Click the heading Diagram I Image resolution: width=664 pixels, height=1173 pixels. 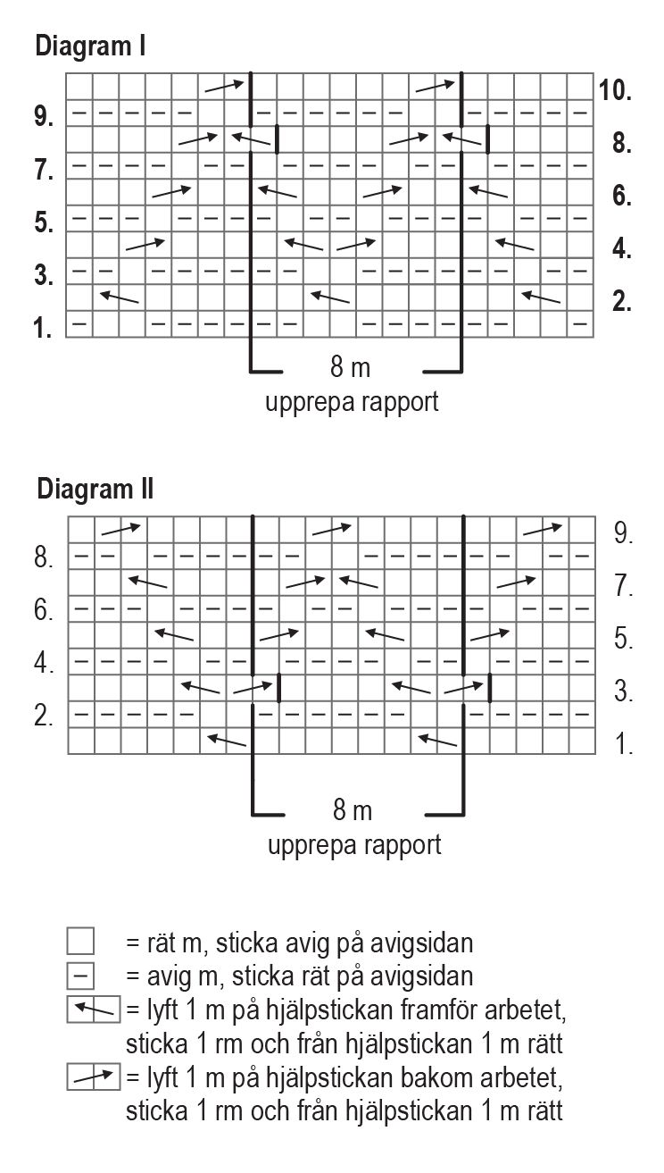point(90,46)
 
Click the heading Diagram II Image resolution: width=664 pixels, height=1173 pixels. point(95,489)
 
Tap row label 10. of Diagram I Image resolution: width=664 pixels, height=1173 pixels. point(617,90)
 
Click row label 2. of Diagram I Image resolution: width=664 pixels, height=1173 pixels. point(622,302)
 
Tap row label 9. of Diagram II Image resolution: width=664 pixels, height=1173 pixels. point(624,534)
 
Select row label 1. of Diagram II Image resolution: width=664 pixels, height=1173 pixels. point(624,744)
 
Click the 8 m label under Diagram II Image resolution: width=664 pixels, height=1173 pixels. point(353,811)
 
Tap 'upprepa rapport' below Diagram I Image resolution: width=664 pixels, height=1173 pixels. point(353,402)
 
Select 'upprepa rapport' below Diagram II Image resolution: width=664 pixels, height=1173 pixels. point(354,844)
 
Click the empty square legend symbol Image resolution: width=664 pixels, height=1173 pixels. point(80,942)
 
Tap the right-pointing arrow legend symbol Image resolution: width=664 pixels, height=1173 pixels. point(94,1078)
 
